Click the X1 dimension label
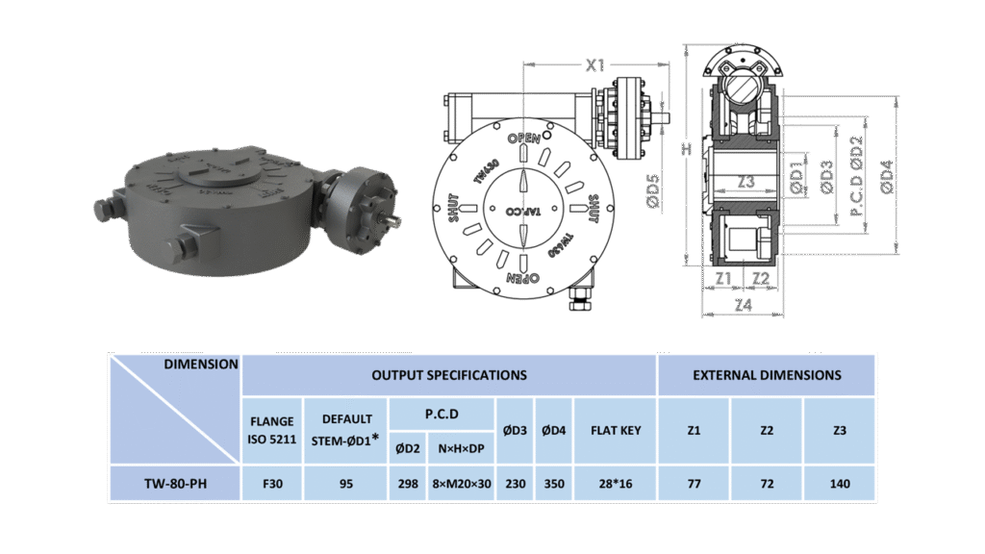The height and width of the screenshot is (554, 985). [x=595, y=64]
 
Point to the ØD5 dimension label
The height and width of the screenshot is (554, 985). [x=653, y=191]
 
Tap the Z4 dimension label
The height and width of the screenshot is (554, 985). [x=744, y=305]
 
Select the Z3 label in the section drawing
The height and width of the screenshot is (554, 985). [x=745, y=182]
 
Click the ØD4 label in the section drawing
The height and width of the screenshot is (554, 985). [x=886, y=177]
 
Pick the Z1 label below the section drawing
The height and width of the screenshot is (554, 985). [x=723, y=278]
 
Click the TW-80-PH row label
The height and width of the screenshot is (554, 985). [x=175, y=484]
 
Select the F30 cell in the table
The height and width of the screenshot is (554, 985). [x=272, y=484]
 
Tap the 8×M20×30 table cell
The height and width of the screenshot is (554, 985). [x=462, y=484]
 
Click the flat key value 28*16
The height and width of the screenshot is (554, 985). [x=616, y=484]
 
